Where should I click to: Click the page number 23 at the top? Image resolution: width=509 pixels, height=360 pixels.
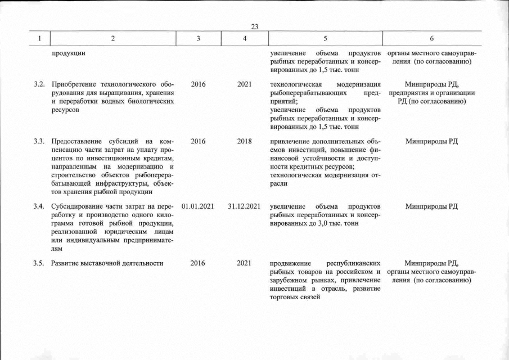click(254, 26)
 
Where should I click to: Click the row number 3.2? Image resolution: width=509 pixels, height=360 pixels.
click(39, 84)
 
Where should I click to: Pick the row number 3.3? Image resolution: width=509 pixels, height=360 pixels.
click(39, 141)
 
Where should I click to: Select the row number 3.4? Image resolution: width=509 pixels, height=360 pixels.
click(39, 206)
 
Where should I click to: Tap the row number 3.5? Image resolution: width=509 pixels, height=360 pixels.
click(39, 263)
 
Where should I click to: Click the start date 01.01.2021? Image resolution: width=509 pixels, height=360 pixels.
click(198, 206)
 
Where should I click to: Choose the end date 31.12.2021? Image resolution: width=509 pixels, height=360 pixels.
click(244, 206)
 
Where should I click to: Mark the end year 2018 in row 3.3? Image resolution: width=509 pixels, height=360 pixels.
click(244, 141)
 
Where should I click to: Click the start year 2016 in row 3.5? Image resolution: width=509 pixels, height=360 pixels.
click(198, 263)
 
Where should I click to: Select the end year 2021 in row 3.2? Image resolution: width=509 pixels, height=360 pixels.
click(244, 84)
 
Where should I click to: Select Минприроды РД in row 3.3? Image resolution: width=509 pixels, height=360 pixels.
click(431, 141)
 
